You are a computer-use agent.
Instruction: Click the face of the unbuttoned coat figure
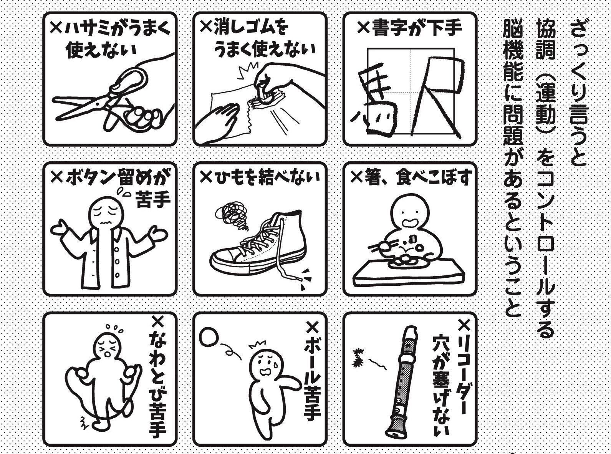[106, 214]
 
